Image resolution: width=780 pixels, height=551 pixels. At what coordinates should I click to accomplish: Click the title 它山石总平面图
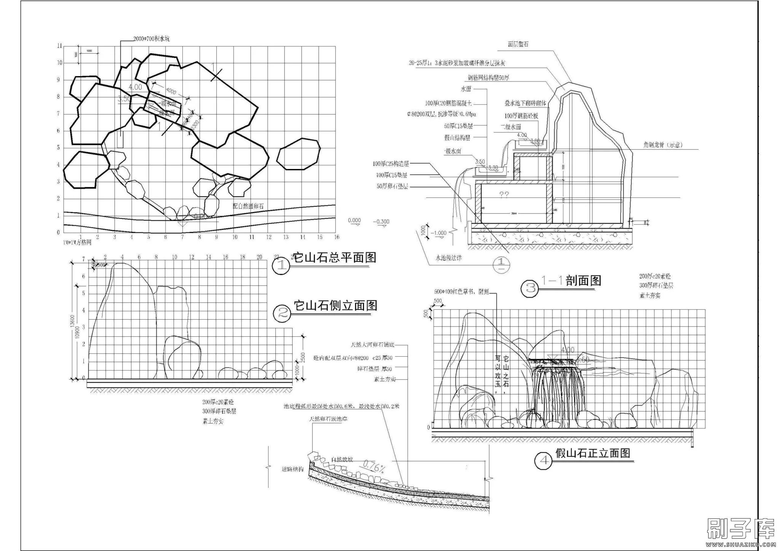click(x=335, y=258)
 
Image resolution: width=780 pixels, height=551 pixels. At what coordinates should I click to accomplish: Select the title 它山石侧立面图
click(x=335, y=306)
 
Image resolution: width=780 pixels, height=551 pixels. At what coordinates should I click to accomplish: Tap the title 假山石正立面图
click(x=593, y=453)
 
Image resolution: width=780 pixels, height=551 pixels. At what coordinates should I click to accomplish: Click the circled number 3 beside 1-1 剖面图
click(x=531, y=288)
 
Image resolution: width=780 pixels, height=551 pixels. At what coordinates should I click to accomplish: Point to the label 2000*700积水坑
click(x=151, y=39)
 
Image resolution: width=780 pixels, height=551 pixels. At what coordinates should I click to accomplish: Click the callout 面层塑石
click(x=518, y=45)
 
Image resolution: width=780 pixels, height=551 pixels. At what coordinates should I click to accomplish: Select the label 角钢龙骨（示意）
click(x=663, y=145)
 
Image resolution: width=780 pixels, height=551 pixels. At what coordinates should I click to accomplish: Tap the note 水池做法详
click(x=449, y=258)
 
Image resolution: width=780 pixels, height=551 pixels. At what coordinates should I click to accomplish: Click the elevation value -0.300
click(x=382, y=221)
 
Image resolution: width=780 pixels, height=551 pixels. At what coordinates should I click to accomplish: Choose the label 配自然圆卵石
click(x=248, y=206)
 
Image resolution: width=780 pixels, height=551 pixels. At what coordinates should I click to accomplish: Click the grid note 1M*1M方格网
click(x=77, y=242)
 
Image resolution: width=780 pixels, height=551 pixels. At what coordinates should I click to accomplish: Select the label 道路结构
click(x=292, y=469)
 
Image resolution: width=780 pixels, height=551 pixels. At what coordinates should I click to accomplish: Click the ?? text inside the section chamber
click(x=504, y=194)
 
